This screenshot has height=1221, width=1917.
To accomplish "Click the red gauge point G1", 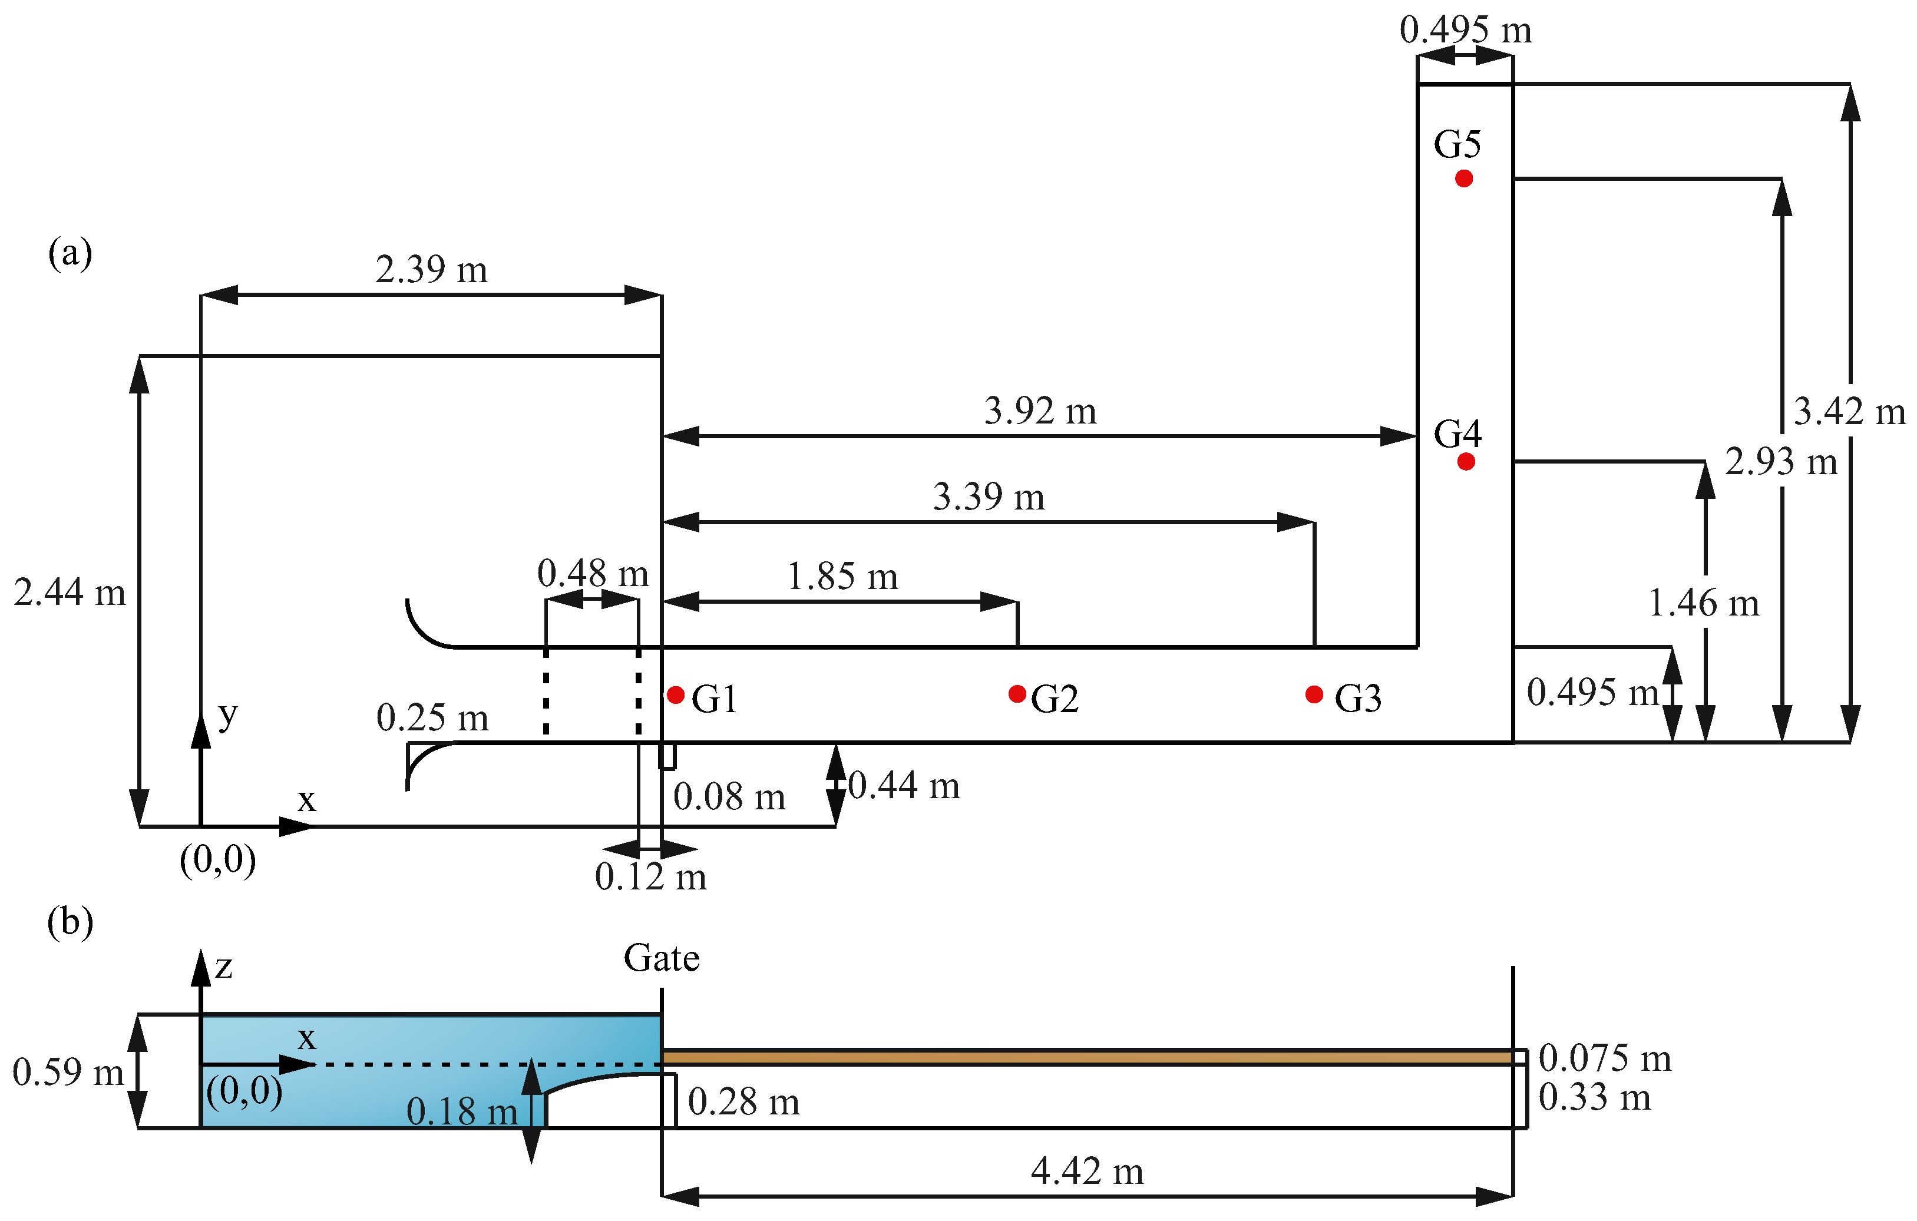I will point(676,695).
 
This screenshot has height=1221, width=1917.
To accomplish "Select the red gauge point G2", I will point(1017,694).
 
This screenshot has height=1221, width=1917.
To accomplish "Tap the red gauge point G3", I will point(1314,695).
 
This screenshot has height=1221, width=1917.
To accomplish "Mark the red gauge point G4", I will point(1466,462).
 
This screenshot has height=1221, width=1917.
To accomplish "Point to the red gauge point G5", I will point(1463,178).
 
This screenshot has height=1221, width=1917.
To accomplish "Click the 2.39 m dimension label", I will point(431,270).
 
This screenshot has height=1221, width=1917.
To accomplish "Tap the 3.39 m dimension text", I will point(988,498).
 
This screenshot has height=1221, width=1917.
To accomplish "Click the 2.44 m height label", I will point(70,593).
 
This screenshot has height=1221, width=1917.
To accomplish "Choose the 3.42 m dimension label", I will point(1849,412).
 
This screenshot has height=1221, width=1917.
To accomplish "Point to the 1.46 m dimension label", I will point(1703,603).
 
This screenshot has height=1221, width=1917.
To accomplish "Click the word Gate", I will point(661,958).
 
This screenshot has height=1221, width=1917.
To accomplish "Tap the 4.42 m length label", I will point(1087,1172).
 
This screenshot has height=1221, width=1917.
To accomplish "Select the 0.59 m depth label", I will point(68,1072).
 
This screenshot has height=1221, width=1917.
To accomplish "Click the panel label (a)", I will point(70,254).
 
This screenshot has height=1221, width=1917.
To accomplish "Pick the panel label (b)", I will point(70,922).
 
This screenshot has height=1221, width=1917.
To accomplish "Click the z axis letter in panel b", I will point(224,967).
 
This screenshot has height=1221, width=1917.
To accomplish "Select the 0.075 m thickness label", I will point(1604,1058).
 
